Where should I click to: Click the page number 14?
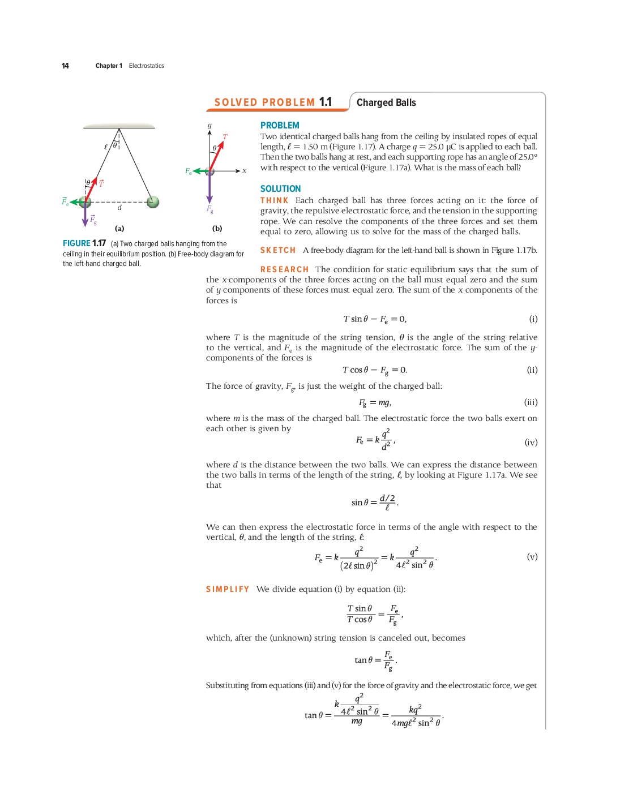point(65,66)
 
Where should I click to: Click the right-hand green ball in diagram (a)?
point(152,201)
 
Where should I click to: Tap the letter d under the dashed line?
point(119,208)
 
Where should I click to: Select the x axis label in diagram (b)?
point(245,170)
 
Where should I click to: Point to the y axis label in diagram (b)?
point(209,125)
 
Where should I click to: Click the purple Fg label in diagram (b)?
point(210,209)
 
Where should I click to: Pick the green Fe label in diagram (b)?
point(189,171)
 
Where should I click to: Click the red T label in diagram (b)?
point(225,136)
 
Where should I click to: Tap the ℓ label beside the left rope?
point(106,147)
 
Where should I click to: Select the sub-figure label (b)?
point(217,229)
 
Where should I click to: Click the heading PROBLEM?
point(280,125)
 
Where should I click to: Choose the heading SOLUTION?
point(280,188)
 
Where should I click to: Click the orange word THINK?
point(274,200)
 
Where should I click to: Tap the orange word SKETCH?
point(277,250)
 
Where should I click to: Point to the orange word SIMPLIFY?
point(228,589)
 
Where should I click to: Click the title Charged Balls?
point(386,102)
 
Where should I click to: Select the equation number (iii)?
point(531,402)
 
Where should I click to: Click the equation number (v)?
point(532,557)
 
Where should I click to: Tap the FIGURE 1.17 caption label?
point(84,243)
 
